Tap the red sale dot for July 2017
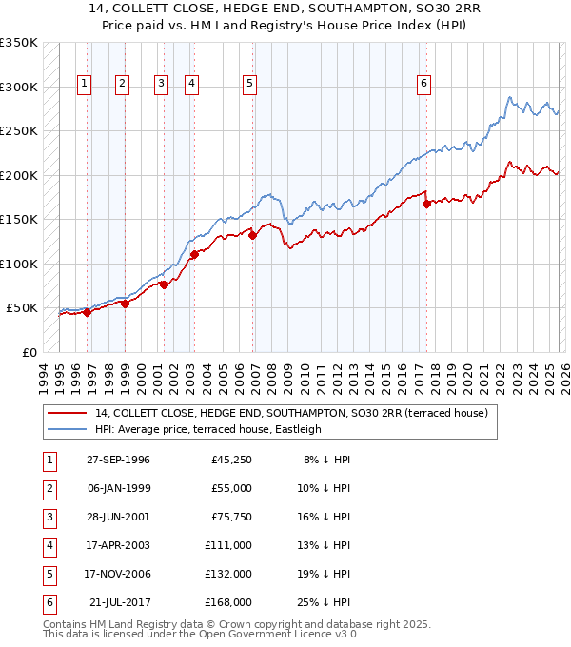[x=426, y=203]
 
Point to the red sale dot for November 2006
[x=252, y=235]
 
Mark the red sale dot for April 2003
[x=194, y=254]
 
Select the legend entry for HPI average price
[x=207, y=429]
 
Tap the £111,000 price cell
[x=228, y=545]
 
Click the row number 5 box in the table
[x=48, y=574]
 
